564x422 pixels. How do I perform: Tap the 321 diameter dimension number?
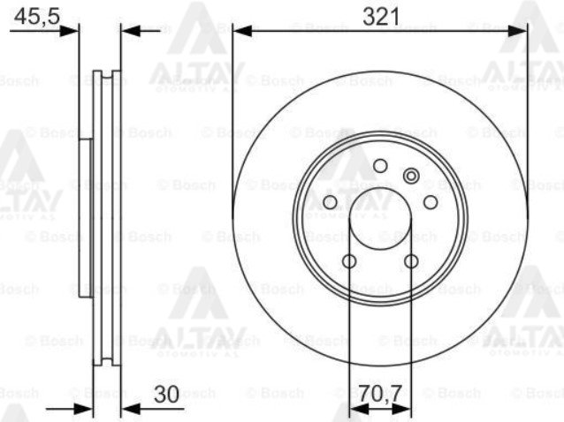point(381,15)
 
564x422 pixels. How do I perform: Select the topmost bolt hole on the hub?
point(380,166)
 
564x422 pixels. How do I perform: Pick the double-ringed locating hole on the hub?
point(409,176)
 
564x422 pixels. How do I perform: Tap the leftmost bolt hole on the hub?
point(331,203)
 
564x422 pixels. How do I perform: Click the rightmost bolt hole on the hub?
point(431,203)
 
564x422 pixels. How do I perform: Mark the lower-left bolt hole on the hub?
point(349,261)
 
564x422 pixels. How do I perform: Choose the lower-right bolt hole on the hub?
point(411,261)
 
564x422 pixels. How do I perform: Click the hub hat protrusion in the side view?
point(84,216)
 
